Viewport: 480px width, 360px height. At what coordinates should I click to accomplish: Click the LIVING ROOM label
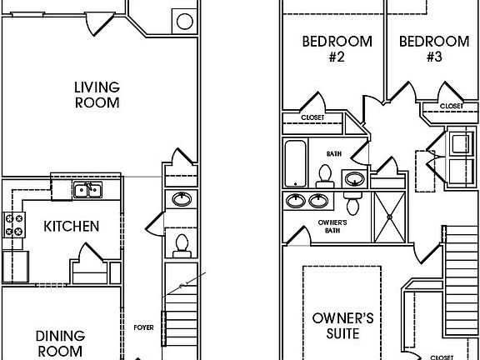click(97, 95)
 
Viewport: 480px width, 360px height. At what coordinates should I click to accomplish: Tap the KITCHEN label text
click(72, 226)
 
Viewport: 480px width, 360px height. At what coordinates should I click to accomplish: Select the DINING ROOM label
click(59, 342)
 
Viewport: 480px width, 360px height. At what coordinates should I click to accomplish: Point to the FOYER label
click(144, 327)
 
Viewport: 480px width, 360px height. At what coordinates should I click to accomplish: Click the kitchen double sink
click(87, 191)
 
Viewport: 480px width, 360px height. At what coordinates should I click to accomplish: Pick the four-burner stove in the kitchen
click(15, 223)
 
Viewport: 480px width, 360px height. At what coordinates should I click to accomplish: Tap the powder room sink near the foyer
click(181, 199)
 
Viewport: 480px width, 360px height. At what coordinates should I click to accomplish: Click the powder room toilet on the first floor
click(181, 244)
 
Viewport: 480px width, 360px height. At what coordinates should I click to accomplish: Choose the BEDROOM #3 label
click(433, 49)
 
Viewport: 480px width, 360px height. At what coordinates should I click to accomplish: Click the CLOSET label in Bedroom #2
click(312, 118)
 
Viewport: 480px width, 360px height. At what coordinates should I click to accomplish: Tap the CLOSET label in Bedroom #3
click(452, 106)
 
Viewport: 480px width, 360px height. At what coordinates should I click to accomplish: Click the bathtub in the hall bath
click(296, 163)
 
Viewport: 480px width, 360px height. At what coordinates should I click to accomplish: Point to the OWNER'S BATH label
click(333, 227)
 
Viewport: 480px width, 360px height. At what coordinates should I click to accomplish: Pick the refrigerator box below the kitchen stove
click(15, 267)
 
